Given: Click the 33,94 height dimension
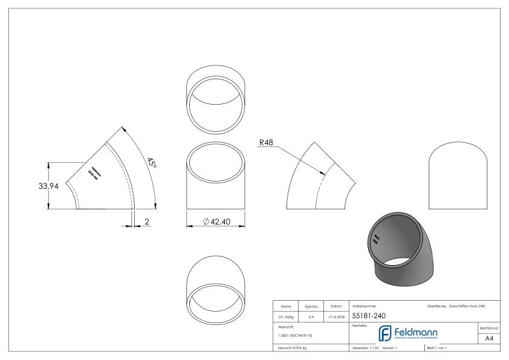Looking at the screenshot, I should pyautogui.click(x=48, y=186).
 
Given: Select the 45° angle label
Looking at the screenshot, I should pyautogui.click(x=151, y=162).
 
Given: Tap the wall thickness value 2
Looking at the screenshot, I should pyautogui.click(x=147, y=222).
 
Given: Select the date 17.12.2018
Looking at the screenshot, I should pyautogui.click(x=336, y=316).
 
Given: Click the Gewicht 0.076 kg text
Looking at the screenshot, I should pyautogui.click(x=292, y=349).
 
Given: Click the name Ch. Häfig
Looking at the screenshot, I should pyautogui.click(x=285, y=316).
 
